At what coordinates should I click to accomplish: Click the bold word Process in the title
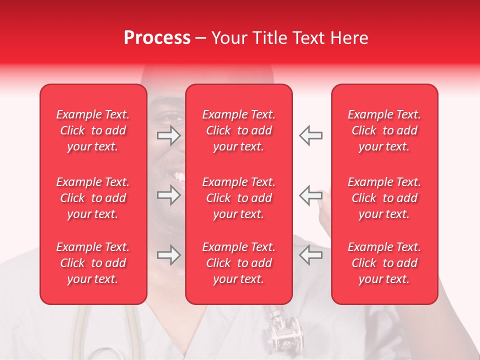point(157,38)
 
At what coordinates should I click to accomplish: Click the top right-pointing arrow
point(168,135)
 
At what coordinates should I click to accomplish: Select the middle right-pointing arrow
point(168,195)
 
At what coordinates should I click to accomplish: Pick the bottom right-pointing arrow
point(168,255)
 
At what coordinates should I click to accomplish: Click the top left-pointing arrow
point(310,135)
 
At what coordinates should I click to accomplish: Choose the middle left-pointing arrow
point(310,195)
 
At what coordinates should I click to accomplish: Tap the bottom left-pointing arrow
point(310,255)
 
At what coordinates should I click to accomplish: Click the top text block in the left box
point(93,130)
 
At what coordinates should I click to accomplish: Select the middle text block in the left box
point(93,198)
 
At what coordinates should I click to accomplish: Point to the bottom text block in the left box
point(93,263)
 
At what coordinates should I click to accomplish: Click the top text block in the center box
point(239,130)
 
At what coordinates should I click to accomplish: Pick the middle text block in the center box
point(239,198)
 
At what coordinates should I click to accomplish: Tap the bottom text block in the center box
point(239,263)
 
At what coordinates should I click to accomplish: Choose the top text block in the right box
point(384,130)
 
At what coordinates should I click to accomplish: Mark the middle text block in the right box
point(384,198)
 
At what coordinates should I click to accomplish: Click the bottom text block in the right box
point(384,263)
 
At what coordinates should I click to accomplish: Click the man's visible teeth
point(178,176)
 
